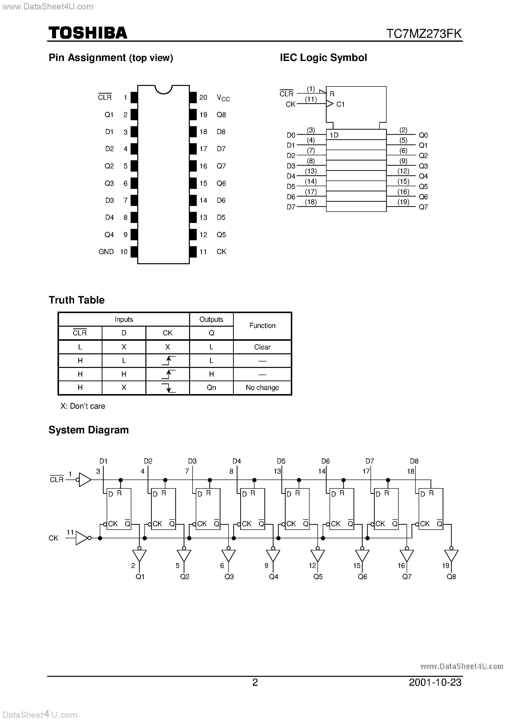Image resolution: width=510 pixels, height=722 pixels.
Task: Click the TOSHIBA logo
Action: coord(88,33)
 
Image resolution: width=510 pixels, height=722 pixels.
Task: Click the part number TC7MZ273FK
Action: coord(424,33)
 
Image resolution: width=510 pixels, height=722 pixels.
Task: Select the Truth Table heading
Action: coord(77,300)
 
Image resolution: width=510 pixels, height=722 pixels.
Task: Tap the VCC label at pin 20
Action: coord(223,98)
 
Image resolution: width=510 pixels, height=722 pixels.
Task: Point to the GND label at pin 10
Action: coord(106,252)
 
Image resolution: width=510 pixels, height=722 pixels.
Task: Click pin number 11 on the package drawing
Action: coord(203,252)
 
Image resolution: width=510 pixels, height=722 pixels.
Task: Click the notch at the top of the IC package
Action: coord(163,89)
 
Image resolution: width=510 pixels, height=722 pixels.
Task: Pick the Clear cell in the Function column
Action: coord(262,347)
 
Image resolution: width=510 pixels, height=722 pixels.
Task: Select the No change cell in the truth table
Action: coord(262,387)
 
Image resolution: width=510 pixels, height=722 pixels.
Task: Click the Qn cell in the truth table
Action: coord(211,387)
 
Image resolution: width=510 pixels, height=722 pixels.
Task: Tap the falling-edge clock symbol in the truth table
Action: coord(168,388)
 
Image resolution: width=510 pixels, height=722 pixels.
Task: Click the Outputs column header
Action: coord(211,320)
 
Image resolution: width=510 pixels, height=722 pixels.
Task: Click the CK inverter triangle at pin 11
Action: coord(81,538)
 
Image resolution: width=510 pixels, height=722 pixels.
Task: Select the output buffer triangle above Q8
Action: coord(451,556)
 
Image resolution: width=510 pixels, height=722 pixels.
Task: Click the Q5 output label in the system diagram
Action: coord(318,577)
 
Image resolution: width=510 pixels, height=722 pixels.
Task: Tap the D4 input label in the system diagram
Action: coord(236,461)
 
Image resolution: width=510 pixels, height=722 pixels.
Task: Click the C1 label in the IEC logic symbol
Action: coord(340,104)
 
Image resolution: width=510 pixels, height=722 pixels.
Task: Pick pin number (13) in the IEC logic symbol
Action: coord(311,171)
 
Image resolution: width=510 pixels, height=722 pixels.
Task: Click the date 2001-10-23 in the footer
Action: coord(435,682)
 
